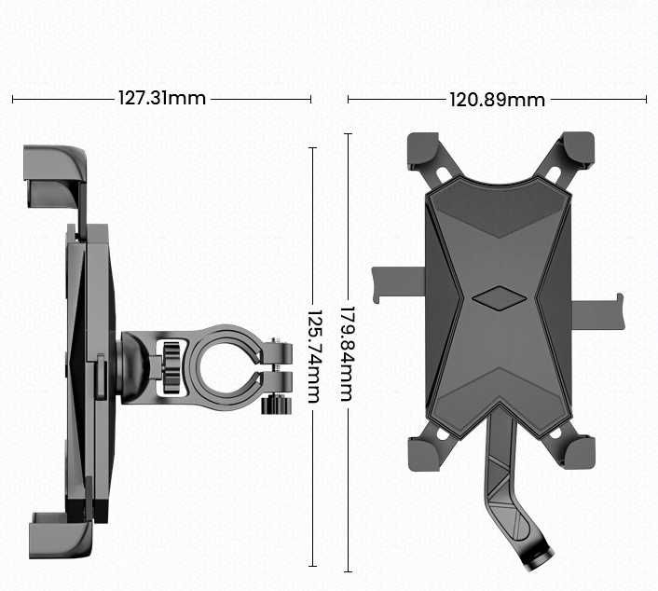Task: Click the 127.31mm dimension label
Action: click(x=162, y=98)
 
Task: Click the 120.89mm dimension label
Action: click(x=497, y=99)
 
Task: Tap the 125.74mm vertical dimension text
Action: click(x=312, y=356)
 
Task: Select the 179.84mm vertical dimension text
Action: click(x=347, y=353)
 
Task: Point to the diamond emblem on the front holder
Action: click(x=499, y=299)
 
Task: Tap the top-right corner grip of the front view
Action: click(x=578, y=150)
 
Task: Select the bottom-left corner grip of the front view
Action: click(x=422, y=451)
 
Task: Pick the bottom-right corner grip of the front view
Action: click(x=578, y=451)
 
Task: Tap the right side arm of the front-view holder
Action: click(x=596, y=311)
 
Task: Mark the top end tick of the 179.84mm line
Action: click(x=348, y=133)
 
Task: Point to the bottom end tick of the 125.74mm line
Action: click(x=312, y=566)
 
